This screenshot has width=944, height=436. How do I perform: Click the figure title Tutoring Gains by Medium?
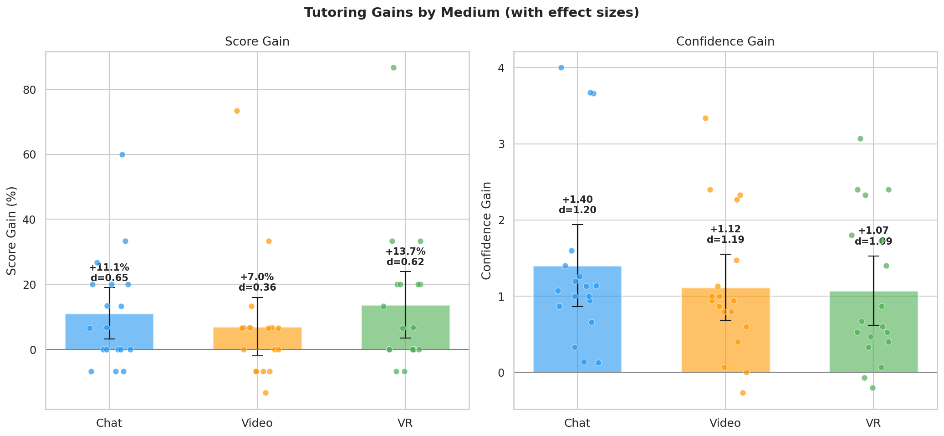(x=472, y=13)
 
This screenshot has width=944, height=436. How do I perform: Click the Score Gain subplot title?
(x=257, y=42)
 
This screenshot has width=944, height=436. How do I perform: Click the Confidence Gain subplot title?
(x=725, y=42)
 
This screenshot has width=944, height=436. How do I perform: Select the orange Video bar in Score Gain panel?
(x=257, y=339)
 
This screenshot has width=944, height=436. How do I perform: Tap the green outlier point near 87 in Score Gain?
(x=393, y=68)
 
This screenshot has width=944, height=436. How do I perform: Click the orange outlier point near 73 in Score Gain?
(x=237, y=111)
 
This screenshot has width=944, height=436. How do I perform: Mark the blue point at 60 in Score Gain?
(x=122, y=155)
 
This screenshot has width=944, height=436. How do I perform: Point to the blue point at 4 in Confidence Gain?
(x=561, y=68)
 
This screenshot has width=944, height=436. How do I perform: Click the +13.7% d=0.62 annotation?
(x=405, y=257)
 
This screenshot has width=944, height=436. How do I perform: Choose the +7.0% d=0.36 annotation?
(x=257, y=282)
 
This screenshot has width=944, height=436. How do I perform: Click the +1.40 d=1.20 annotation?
(x=577, y=205)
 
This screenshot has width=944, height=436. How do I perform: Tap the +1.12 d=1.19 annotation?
(x=725, y=235)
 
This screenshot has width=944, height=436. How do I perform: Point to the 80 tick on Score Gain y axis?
(x=30, y=90)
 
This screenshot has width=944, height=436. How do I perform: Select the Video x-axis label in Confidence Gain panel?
(x=725, y=423)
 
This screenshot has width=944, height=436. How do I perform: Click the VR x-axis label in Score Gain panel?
(x=405, y=423)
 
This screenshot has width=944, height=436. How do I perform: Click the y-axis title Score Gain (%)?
(x=12, y=231)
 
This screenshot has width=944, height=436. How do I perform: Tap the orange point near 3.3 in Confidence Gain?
(x=705, y=118)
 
